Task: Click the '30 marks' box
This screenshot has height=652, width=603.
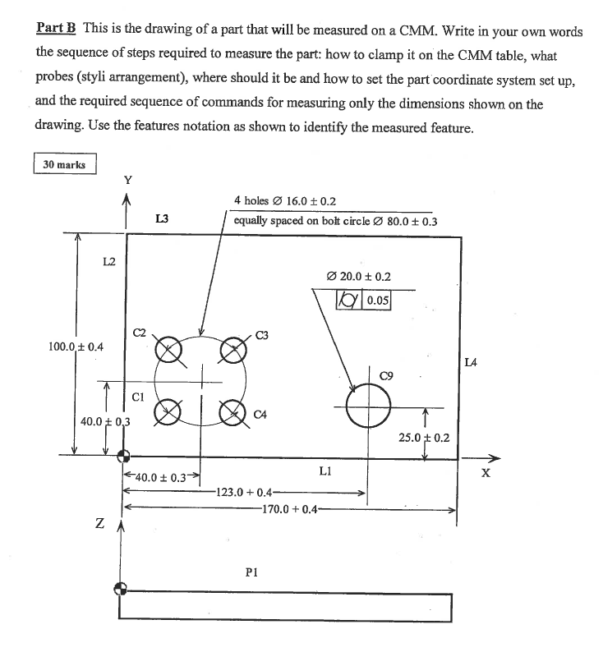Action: click(65, 164)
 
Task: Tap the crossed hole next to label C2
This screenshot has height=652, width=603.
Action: click(168, 348)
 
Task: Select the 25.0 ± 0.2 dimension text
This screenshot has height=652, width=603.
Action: click(424, 438)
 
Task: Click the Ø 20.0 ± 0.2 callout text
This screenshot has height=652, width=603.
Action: click(358, 277)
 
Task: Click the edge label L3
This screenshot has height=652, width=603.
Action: click(161, 218)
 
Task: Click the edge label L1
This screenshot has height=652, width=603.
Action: click(325, 471)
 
